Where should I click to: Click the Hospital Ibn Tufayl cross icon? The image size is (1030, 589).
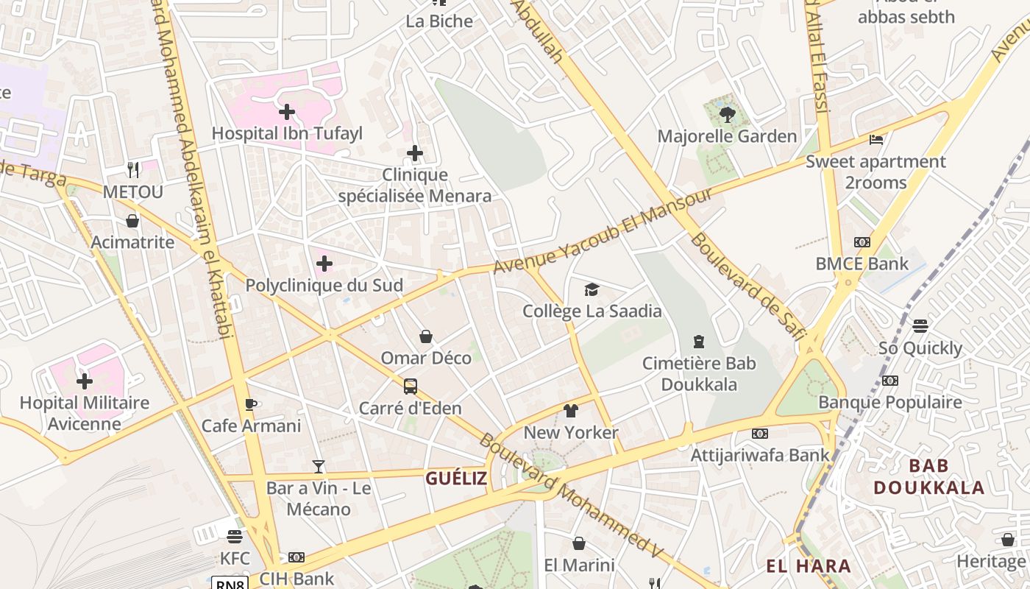(x=287, y=113)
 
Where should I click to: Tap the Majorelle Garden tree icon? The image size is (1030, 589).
(x=728, y=115)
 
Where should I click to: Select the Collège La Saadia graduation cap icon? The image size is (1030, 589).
(x=592, y=289)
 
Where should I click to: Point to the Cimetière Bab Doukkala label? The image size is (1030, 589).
(x=698, y=373)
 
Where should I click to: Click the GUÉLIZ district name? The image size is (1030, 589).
(x=456, y=479)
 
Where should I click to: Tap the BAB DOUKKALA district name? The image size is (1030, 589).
(x=928, y=476)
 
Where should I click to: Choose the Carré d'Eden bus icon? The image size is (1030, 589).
(x=411, y=386)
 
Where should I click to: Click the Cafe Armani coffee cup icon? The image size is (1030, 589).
(x=251, y=404)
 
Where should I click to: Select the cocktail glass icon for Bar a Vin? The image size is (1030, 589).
(x=319, y=466)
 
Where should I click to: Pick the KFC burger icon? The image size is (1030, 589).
(x=235, y=537)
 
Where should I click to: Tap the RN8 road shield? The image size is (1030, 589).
(x=230, y=584)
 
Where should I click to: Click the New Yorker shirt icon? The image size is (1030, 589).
(x=571, y=410)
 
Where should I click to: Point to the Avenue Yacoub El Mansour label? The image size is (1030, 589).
(x=603, y=230)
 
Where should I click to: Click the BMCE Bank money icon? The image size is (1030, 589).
(x=862, y=242)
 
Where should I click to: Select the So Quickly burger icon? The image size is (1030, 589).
(x=920, y=325)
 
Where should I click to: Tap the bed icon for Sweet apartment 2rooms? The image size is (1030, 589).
(x=876, y=139)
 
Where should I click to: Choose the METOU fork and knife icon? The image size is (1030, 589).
(x=133, y=170)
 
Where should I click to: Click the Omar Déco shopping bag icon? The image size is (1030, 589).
(x=426, y=336)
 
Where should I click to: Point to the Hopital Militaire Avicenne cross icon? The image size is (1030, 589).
(x=85, y=381)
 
